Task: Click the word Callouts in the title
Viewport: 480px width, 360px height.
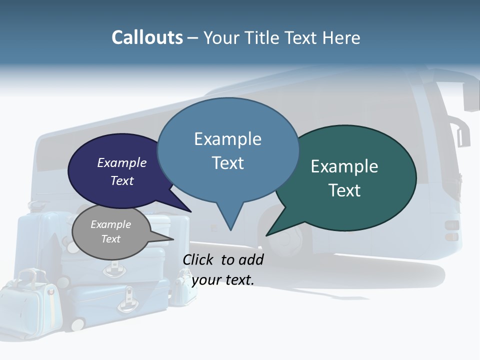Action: [x=147, y=38]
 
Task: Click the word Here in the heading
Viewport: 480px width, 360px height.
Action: [x=342, y=38]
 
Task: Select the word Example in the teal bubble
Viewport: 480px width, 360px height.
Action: [x=344, y=166]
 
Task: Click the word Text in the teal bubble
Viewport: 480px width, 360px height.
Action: [x=344, y=190]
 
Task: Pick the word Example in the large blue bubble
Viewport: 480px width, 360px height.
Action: [x=227, y=139]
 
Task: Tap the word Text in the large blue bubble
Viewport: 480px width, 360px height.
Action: [x=227, y=163]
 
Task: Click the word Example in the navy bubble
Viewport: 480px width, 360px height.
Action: [x=121, y=163]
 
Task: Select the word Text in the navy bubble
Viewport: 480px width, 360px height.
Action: [x=121, y=180]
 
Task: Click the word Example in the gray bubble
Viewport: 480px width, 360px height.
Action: [x=110, y=224]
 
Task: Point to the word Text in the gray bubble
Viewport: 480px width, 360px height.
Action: [x=110, y=239]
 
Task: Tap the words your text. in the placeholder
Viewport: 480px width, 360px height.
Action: [x=222, y=279]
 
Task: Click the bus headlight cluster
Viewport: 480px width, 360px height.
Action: [x=451, y=230]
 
